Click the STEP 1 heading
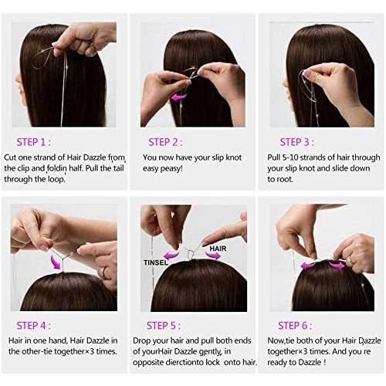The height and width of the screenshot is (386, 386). pos(33,142)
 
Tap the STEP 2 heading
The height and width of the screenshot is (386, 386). pos(165,142)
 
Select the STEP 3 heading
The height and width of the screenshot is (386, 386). pos(297,142)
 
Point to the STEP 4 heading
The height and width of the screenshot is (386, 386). pos(33,326)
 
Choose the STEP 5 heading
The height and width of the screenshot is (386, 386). pos(164,326)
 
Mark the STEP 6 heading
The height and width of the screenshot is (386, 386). pos(295,326)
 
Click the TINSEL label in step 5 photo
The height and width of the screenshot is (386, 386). pos(156,262)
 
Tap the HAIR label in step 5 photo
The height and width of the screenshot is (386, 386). pos(218,249)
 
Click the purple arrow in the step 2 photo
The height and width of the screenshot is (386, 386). pos(179,97)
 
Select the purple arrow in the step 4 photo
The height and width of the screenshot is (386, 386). pos(56,261)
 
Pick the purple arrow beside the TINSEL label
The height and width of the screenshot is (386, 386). pos(172,255)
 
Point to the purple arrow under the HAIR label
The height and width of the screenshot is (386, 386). pos(213,255)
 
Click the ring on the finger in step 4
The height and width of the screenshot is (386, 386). pos(104,273)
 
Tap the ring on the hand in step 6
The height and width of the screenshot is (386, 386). pos(350,260)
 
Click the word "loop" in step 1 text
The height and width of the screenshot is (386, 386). pos(56,179)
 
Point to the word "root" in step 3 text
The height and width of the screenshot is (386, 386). pos(283,179)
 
